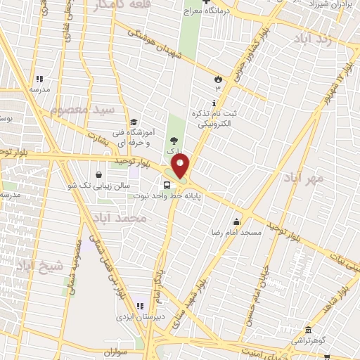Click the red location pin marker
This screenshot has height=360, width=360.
[x=181, y=167]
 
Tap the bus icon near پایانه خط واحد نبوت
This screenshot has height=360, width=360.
[x=167, y=186]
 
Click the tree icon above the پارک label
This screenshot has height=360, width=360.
[x=174, y=141]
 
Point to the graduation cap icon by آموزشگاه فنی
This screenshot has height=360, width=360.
[x=134, y=121]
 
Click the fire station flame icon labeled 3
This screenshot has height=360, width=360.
[x=218, y=79]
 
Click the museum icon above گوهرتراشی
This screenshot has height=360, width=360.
[x=308, y=330]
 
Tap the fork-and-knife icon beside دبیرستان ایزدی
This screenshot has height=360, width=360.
[x=139, y=307]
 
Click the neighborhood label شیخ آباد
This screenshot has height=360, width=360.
[x=39, y=266]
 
